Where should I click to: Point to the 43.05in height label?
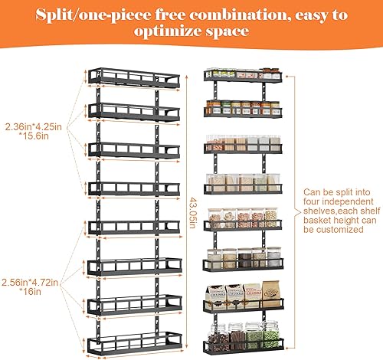point(192,206)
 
